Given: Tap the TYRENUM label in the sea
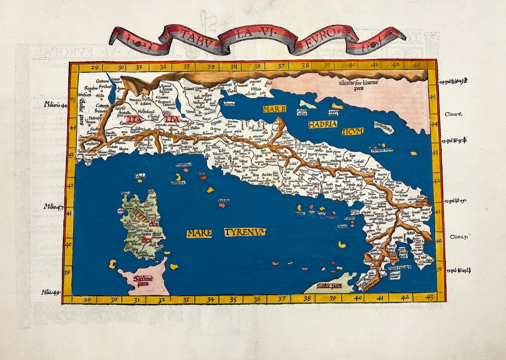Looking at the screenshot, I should pos(245,233).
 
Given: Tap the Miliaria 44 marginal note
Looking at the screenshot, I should pos(55,104).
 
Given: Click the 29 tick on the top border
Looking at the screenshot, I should pos(94,68).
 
